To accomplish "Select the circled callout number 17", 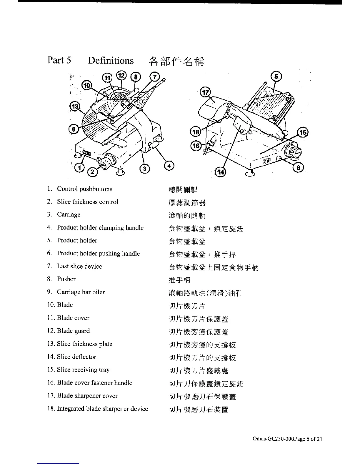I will tap(205, 92).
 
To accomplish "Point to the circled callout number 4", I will tap(169, 166).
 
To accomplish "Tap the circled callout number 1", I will tap(79, 168).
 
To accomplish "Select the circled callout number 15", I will tap(303, 133).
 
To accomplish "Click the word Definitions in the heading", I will tap(111, 61).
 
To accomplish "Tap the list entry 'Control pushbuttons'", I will tap(84, 189).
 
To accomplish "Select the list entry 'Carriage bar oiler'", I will tap(81, 292).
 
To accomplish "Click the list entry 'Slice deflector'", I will tap(76, 357).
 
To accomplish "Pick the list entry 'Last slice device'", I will tap(79, 266).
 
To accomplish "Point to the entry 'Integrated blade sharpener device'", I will tap(102, 409).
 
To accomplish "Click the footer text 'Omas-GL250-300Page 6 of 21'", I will tap(287, 439).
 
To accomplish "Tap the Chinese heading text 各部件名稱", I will tap(176, 61).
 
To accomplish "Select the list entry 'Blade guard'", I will tap(73, 331).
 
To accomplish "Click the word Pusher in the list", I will tap(66, 279).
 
